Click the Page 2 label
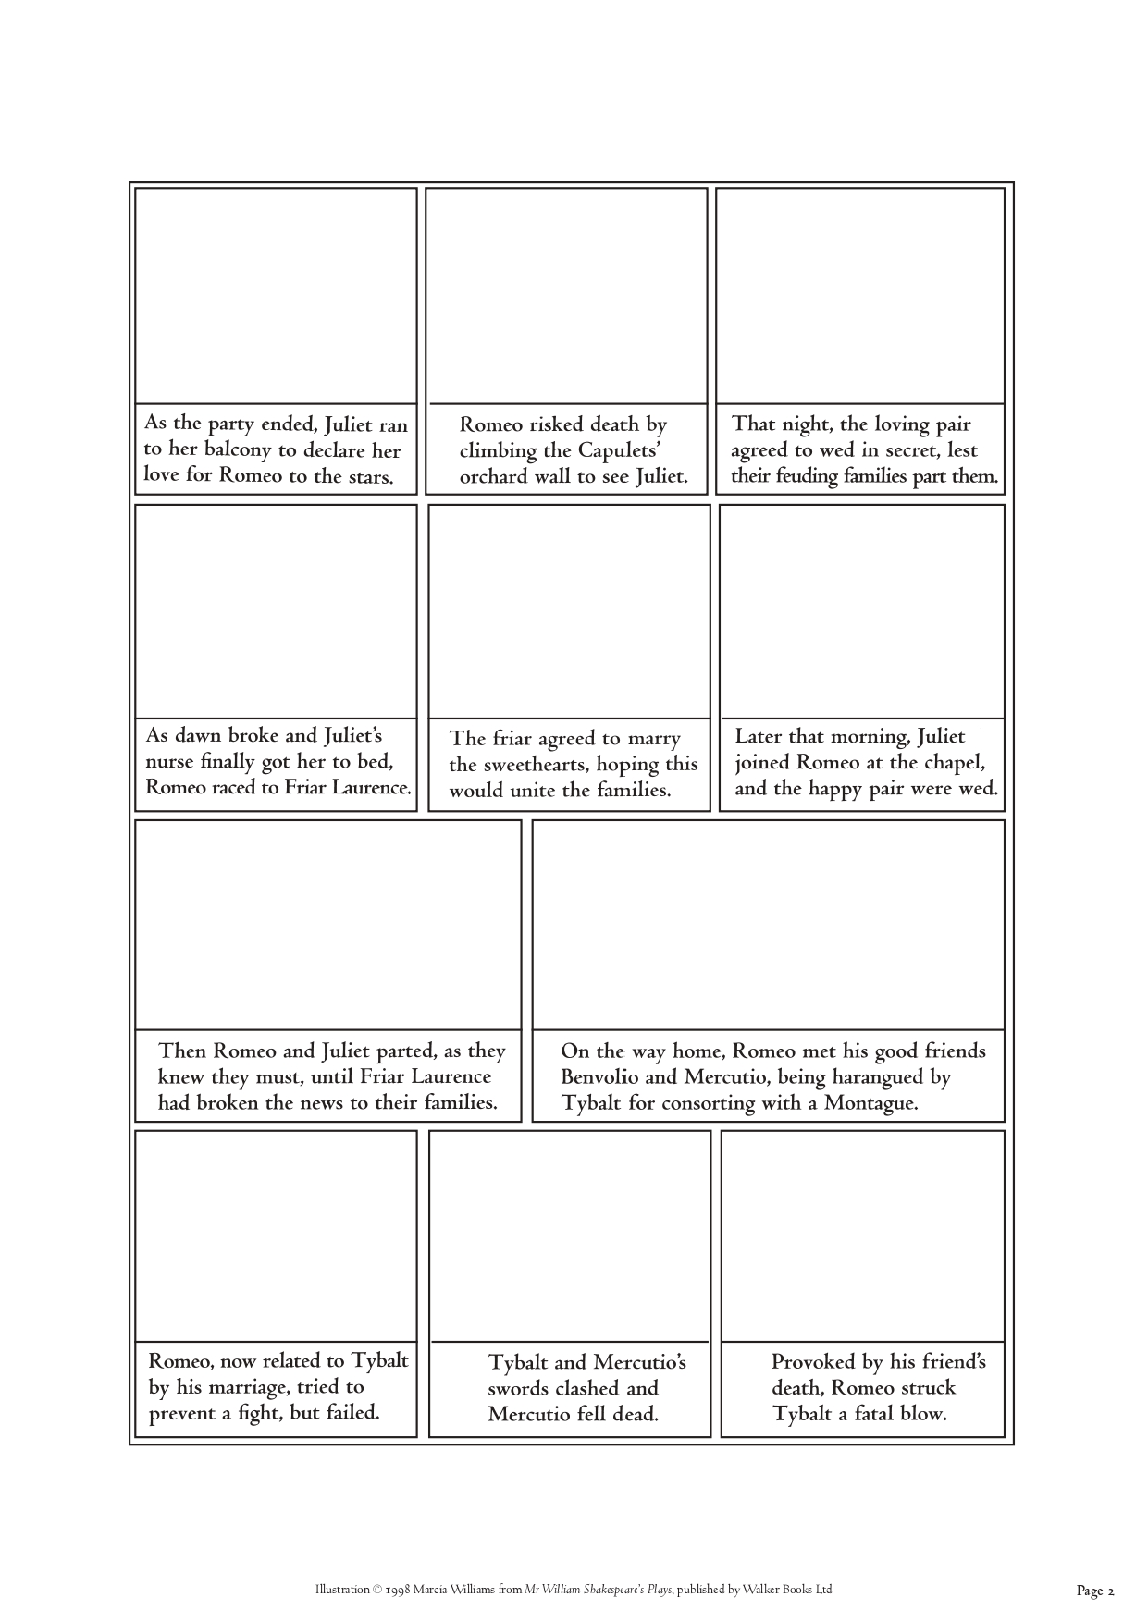click(x=1096, y=1591)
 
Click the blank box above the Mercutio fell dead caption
click(x=570, y=1235)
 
